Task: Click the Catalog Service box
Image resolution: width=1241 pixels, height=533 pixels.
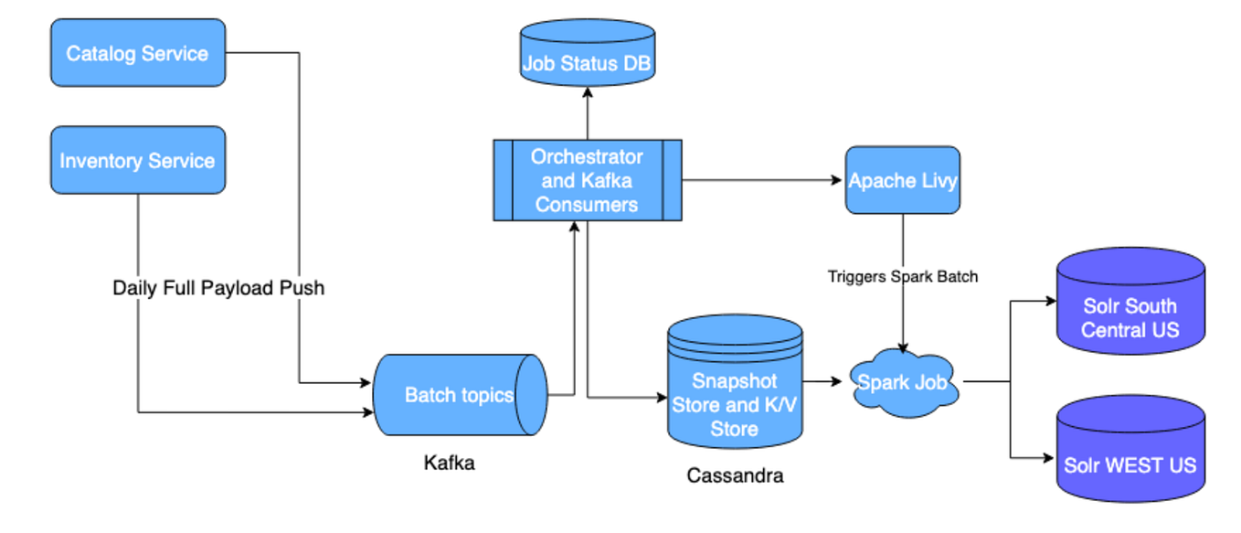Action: pyautogui.click(x=137, y=53)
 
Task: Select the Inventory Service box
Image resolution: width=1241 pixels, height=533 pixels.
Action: pyautogui.click(x=137, y=161)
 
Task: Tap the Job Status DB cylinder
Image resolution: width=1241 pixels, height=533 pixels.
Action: pyautogui.click(x=587, y=57)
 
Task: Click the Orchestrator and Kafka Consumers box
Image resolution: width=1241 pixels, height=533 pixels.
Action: pyautogui.click(x=587, y=180)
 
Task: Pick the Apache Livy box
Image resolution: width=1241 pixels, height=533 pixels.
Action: pyautogui.click(x=902, y=180)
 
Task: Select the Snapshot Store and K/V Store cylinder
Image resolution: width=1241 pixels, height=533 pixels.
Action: pyautogui.click(x=735, y=393)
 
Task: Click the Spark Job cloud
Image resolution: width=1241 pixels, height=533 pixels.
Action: pyautogui.click(x=903, y=382)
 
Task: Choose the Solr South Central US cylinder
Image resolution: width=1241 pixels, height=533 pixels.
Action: pyautogui.click(x=1130, y=311)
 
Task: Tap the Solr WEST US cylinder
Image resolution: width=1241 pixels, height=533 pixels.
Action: pyautogui.click(x=1130, y=453)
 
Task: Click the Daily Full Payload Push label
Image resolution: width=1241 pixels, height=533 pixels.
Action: pyautogui.click(x=218, y=288)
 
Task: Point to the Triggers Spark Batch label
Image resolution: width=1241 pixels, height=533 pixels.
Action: pyautogui.click(x=902, y=276)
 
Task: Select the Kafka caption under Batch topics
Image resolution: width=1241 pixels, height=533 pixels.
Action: pyautogui.click(x=449, y=463)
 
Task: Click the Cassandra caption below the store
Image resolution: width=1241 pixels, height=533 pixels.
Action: pyautogui.click(x=734, y=475)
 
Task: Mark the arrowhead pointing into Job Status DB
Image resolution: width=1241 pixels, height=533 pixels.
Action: pyautogui.click(x=587, y=93)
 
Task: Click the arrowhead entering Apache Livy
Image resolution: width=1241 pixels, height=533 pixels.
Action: pyautogui.click(x=838, y=181)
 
